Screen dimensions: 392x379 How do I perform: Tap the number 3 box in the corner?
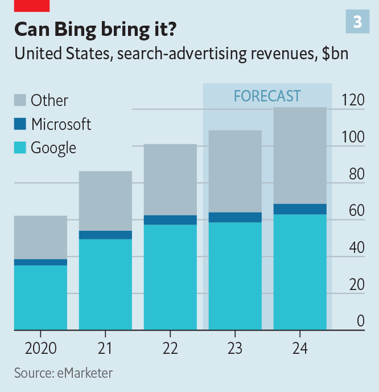[357, 22]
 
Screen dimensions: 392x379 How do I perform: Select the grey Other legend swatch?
[20, 100]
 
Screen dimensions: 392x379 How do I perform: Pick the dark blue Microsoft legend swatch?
[20, 124]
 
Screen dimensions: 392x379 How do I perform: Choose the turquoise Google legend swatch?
[20, 148]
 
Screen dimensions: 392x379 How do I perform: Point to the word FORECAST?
[267, 95]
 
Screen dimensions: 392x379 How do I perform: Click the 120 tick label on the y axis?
[352, 100]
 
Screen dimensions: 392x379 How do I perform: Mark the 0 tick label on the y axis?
[360, 321]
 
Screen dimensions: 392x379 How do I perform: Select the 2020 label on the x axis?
[40, 348]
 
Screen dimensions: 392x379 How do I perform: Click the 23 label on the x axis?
[234, 348]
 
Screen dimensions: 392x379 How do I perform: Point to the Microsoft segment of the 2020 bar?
[40, 262]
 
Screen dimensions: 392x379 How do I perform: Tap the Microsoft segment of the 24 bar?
[300, 209]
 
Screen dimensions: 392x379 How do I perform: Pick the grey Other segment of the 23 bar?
[235, 171]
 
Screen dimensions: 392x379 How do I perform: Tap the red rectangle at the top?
[32, 6]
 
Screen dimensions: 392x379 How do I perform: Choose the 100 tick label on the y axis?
[352, 137]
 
